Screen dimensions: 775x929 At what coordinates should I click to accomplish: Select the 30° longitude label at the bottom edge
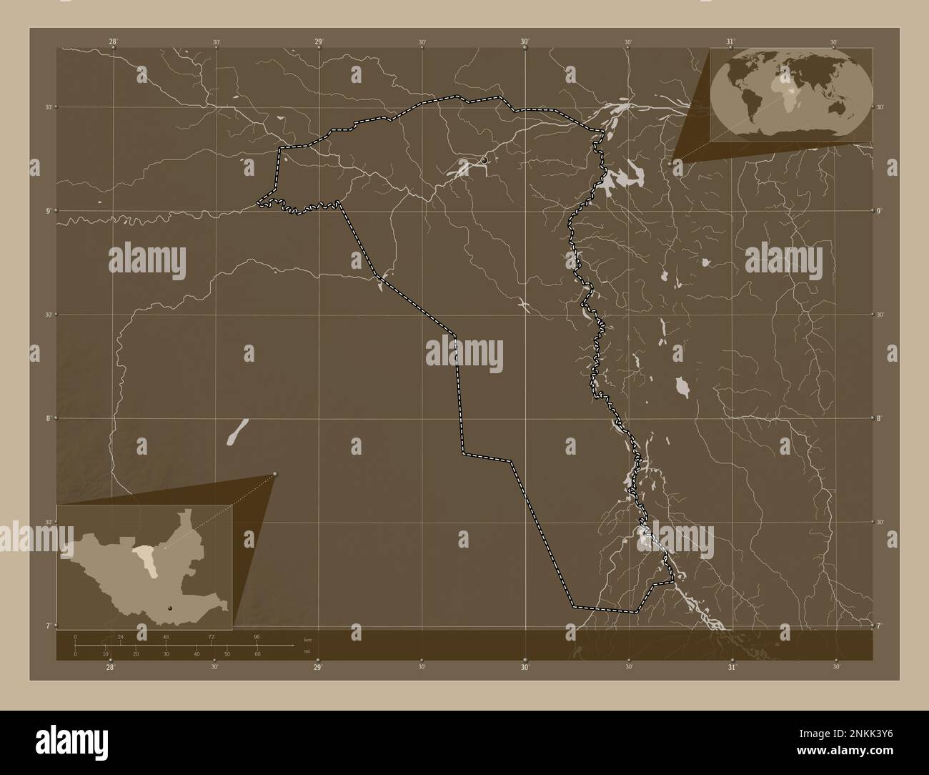tap(525, 667)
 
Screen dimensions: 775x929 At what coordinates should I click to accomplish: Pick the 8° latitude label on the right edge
tap(880, 418)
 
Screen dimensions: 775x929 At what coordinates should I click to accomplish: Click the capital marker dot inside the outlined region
tap(485, 160)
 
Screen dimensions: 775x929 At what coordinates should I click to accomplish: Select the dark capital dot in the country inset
tap(169, 608)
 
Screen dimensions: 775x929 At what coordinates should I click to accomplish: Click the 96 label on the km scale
tap(257, 636)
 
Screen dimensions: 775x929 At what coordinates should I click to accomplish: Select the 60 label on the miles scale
tap(257, 654)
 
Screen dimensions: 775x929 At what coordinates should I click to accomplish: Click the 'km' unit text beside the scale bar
tap(307, 638)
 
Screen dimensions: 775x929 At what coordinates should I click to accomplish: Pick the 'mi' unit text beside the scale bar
tap(306, 651)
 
